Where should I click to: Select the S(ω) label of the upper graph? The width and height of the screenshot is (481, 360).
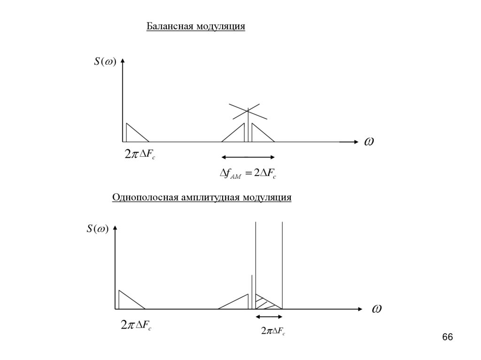click(105, 62)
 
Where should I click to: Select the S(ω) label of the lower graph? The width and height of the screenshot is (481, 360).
click(97, 229)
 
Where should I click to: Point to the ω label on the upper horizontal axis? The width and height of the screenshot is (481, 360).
click(369, 141)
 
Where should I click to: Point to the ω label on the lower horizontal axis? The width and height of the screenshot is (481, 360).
click(376, 309)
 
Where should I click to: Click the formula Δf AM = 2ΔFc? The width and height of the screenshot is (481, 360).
click(248, 175)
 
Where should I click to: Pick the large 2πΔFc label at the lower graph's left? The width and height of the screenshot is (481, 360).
click(135, 324)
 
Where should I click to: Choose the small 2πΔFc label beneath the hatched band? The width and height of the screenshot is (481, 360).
click(273, 332)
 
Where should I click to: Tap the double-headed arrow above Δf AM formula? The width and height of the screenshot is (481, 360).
click(248, 157)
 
